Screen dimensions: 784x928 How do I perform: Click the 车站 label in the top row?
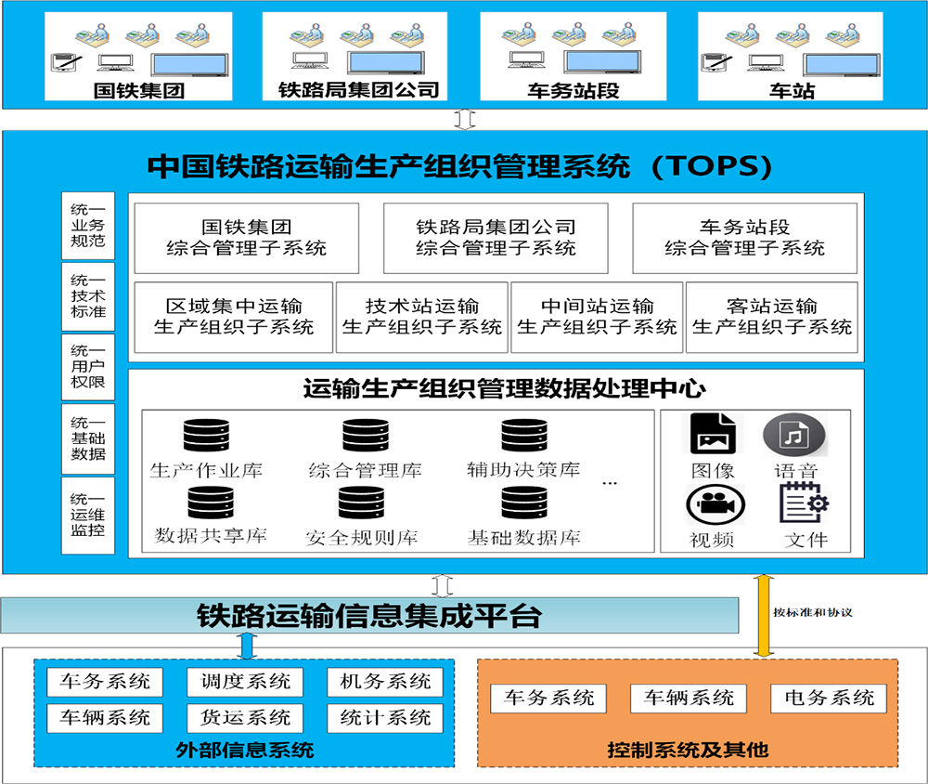(792, 91)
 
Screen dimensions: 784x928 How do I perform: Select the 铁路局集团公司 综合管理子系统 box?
(496, 238)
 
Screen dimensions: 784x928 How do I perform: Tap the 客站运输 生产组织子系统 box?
(772, 317)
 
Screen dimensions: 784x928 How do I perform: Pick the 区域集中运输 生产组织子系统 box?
(234, 317)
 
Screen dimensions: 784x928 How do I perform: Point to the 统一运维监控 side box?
(88, 516)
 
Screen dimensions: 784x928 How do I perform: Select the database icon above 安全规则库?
(361, 503)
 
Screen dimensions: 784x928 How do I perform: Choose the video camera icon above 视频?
(714, 506)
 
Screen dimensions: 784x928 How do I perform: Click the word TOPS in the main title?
(712, 166)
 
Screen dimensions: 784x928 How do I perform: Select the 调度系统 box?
(245, 681)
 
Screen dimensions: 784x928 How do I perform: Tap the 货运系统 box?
(245, 717)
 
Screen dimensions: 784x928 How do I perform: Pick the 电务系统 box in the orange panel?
(829, 698)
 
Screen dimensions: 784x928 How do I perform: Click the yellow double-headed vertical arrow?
(763, 616)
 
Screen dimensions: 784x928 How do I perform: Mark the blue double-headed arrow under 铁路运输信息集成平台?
(247, 645)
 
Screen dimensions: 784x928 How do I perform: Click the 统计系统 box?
(385, 717)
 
